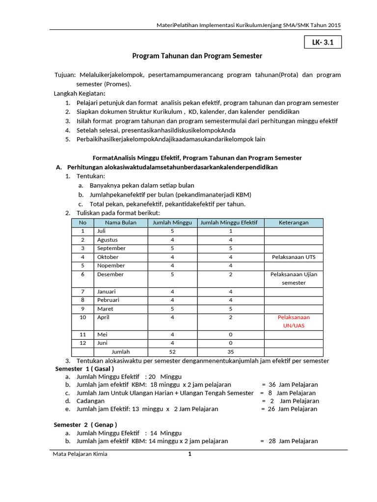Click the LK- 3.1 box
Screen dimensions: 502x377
tap(323, 43)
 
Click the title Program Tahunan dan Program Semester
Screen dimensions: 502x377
tap(197, 56)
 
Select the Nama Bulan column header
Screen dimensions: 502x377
tap(120, 223)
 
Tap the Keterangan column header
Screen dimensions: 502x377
tap(294, 223)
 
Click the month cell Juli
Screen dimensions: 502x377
tap(102, 231)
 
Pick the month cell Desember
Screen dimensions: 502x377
tap(110, 275)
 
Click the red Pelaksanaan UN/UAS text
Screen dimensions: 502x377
tap(294, 322)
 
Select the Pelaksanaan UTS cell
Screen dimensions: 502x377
tap(294, 257)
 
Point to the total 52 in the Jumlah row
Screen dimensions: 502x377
tap(172, 351)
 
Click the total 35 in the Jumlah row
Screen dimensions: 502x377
tap(231, 351)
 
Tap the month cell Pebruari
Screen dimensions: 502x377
tap(108, 300)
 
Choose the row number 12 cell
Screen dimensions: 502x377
tap(83, 343)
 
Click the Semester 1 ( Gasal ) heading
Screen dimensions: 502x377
tap(84, 369)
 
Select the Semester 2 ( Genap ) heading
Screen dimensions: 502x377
tap(85, 425)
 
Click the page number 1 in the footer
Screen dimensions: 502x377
tap(189, 454)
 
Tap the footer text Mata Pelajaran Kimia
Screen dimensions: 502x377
tap(80, 454)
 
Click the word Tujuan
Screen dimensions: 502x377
tap(65, 75)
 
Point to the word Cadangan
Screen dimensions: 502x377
tap(91, 401)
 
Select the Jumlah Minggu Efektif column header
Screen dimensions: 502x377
tap(231, 223)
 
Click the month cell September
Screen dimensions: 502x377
tap(111, 248)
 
